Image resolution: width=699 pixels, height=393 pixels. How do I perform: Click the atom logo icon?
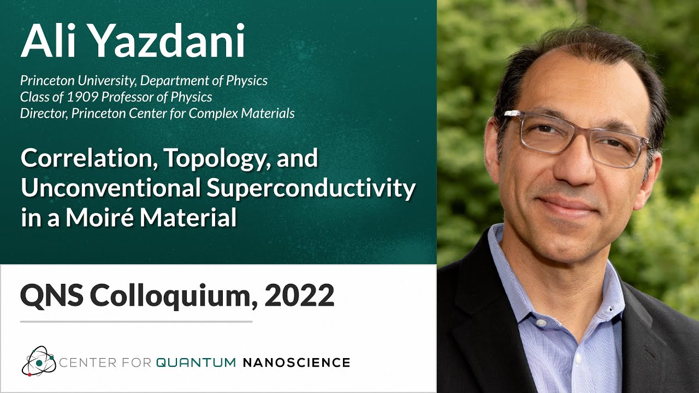38,361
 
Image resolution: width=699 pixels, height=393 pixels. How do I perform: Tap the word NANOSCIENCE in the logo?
295,362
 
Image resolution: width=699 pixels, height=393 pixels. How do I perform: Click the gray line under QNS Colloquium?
136,321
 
